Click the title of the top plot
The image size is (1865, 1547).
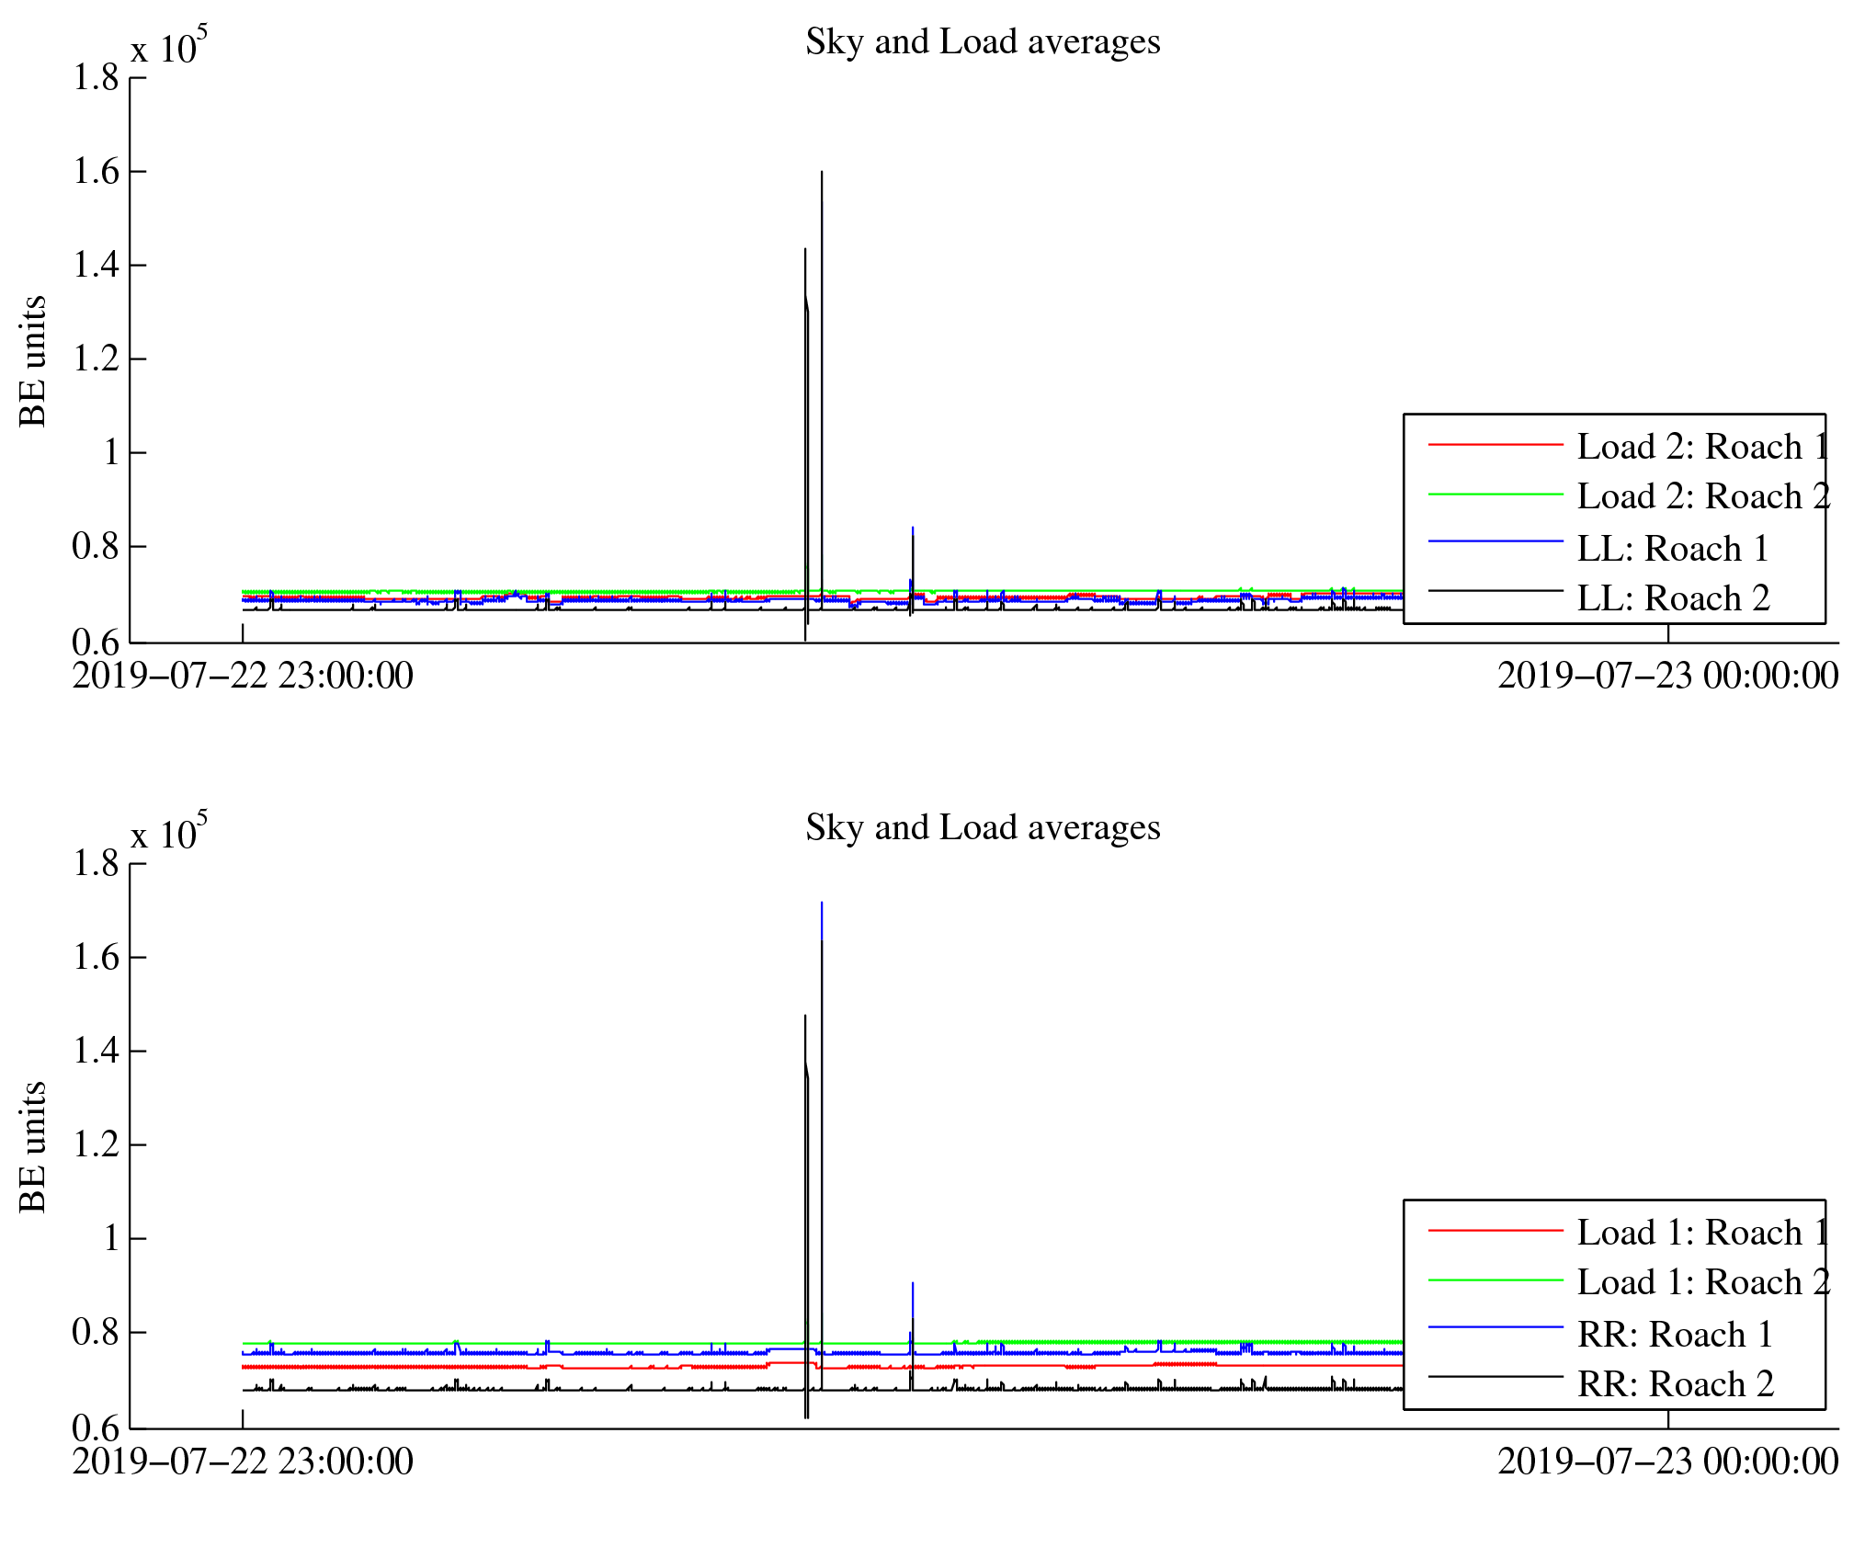(x=983, y=42)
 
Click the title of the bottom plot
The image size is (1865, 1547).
(x=983, y=828)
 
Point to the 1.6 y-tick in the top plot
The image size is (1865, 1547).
(x=97, y=172)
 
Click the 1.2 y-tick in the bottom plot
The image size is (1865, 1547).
(x=97, y=1145)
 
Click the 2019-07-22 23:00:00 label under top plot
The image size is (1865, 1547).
(x=243, y=677)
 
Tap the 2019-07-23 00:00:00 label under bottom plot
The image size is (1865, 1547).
(x=1667, y=1462)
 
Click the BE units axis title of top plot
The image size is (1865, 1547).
(x=33, y=361)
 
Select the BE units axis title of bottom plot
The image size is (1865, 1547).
(x=33, y=1147)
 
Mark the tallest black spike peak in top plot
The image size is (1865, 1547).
(x=822, y=172)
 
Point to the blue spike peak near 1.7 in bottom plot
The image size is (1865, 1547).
(x=822, y=903)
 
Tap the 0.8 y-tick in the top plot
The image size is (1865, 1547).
(x=97, y=547)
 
